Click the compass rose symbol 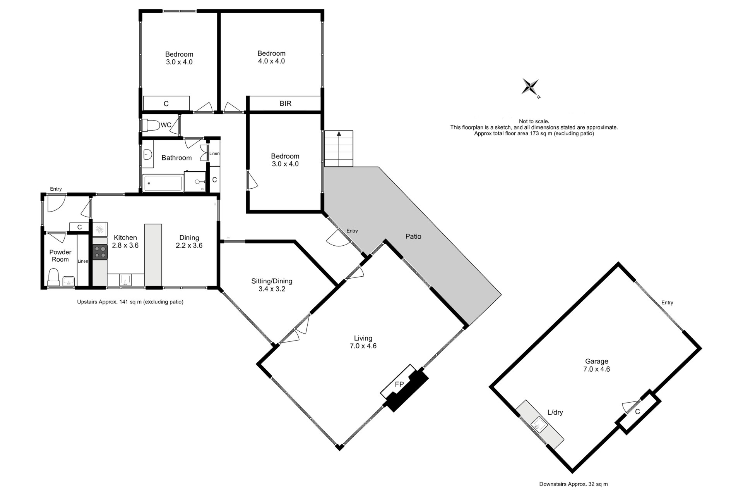pos(530,87)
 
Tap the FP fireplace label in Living pos(399,384)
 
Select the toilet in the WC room pos(151,125)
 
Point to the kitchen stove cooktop pos(100,252)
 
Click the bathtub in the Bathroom pos(163,183)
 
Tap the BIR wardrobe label pos(286,103)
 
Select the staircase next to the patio pos(339,148)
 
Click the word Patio pos(413,236)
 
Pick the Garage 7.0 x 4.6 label pos(596,365)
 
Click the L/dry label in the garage pos(555,412)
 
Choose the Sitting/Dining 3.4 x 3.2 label pos(272,285)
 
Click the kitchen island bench pos(153,255)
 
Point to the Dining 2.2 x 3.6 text pos(189,241)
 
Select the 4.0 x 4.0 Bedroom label pos(271,57)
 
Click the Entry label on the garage pos(667,303)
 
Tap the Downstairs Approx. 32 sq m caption pos(574,484)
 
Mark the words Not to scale pos(534,121)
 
